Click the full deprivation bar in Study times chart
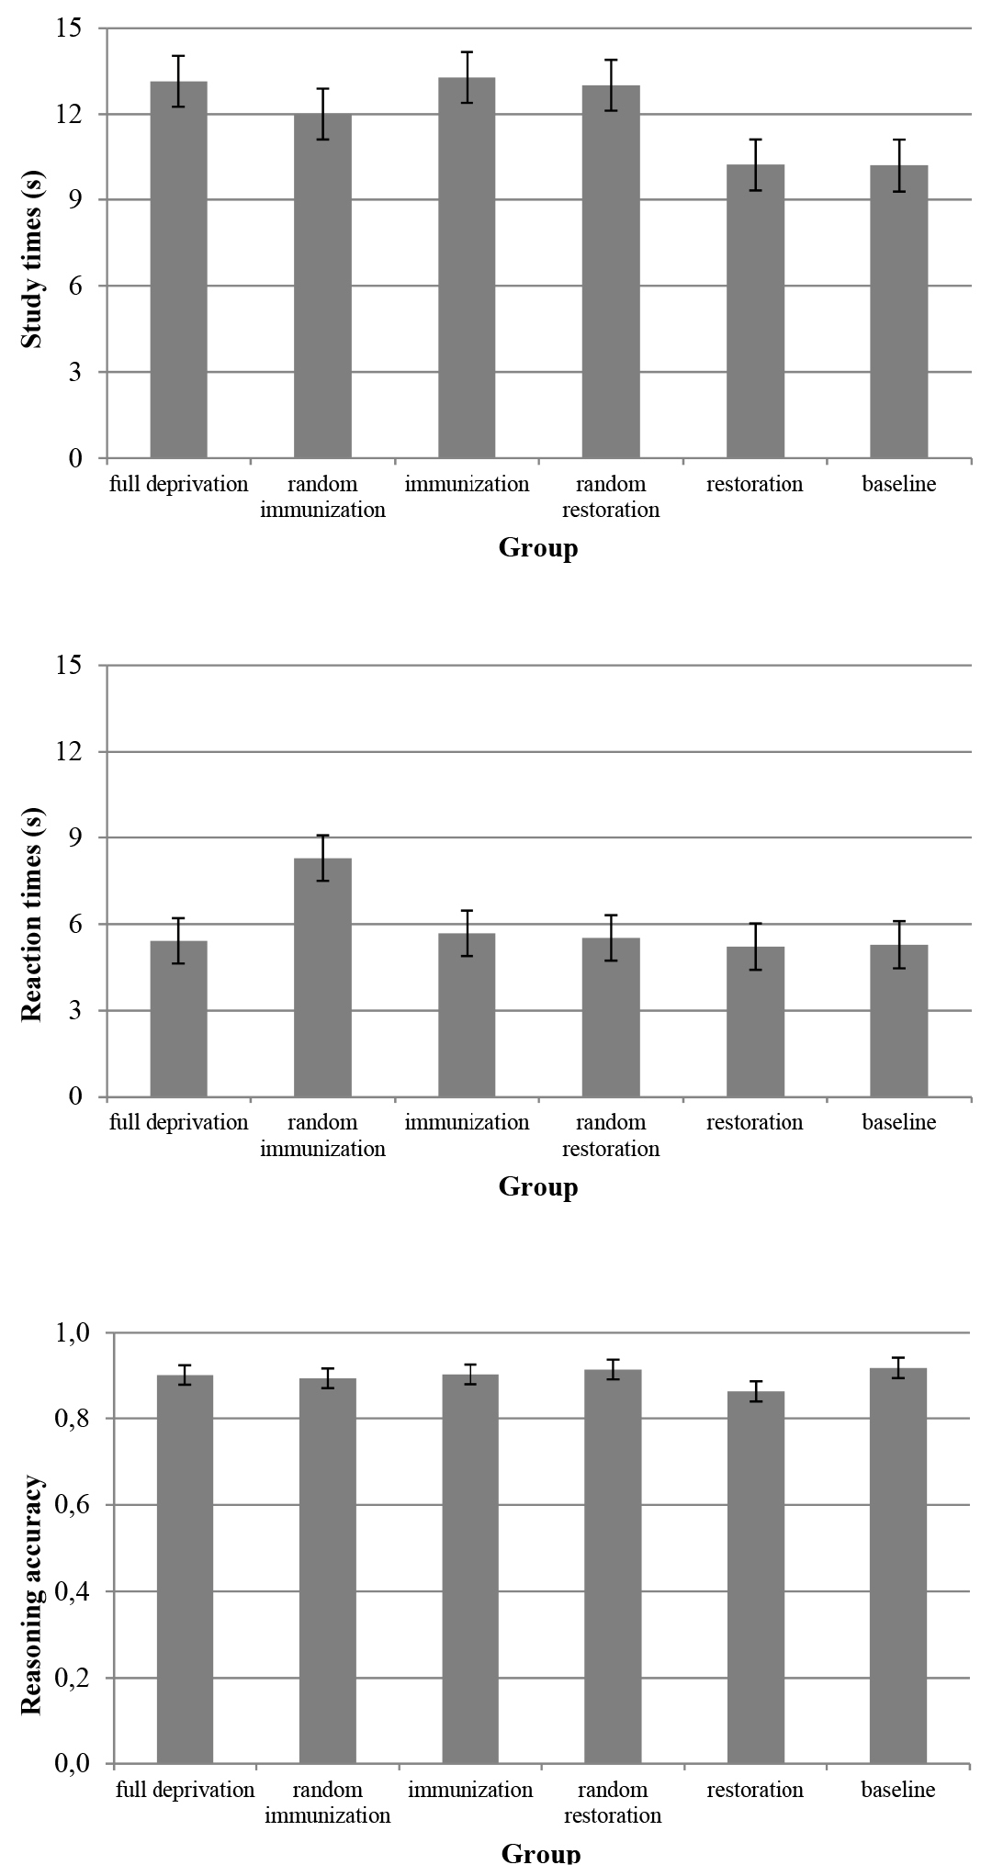click(178, 270)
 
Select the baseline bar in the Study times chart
click(899, 312)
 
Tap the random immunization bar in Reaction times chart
click(322, 977)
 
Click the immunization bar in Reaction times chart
click(467, 1015)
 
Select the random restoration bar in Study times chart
click(611, 272)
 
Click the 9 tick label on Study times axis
click(73, 200)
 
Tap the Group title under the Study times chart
click(538, 548)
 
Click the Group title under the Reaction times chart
click(538, 1186)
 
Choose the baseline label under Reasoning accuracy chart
click(898, 1790)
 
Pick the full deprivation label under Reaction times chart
click(179, 1123)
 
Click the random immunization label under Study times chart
click(322, 497)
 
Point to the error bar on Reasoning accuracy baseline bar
click(900, 1368)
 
